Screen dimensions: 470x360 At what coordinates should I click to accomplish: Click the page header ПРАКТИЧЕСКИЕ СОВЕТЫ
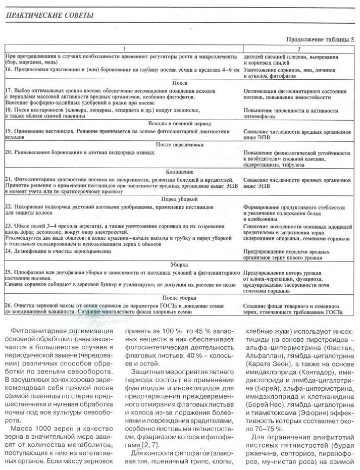click(x=49, y=15)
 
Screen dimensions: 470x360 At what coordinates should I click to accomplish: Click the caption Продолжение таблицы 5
click(x=320, y=39)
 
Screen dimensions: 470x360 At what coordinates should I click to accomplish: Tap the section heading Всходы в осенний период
click(x=180, y=123)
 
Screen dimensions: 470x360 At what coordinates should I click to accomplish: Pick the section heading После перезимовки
click(x=180, y=144)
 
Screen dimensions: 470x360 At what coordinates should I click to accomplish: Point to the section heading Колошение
click(x=180, y=172)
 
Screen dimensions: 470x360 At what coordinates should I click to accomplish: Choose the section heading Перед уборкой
click(x=180, y=199)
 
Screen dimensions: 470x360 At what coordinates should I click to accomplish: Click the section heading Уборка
click(x=180, y=264)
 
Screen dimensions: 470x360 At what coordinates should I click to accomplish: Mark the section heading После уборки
click(x=180, y=298)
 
